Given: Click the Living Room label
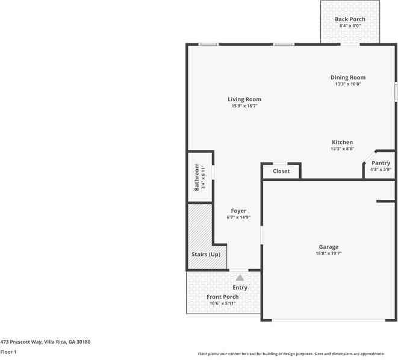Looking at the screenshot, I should (x=244, y=99).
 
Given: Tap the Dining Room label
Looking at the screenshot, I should (x=348, y=77).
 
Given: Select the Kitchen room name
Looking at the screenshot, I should (x=342, y=142).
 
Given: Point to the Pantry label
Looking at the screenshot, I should (x=381, y=163).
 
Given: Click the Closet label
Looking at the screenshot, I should (x=281, y=171).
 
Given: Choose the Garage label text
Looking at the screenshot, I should (x=328, y=247).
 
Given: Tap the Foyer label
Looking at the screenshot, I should (x=238, y=211).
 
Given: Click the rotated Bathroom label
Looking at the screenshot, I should (x=196, y=178).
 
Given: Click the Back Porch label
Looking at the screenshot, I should (x=350, y=19).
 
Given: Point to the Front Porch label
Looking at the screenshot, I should (x=223, y=297).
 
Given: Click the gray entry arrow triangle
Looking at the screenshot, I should (x=240, y=278).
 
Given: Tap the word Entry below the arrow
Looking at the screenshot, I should (x=240, y=288).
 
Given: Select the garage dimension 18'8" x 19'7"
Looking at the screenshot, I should (x=328, y=253).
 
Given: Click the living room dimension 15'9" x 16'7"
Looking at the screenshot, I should (x=244, y=106).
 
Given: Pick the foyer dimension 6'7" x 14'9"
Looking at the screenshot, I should (x=238, y=217).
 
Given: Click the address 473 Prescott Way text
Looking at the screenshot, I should (x=45, y=342).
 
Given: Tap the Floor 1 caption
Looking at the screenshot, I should (x=8, y=352).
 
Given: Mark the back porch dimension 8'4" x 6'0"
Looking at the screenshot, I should (x=350, y=26).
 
